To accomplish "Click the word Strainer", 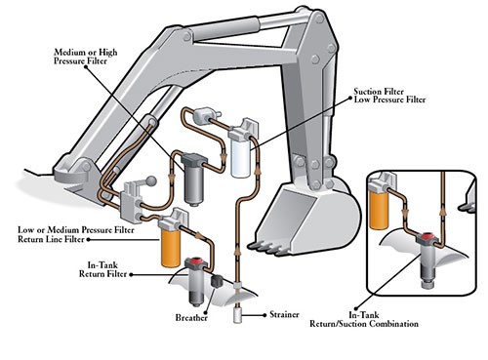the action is (x=284, y=314).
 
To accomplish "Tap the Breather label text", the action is (x=191, y=317).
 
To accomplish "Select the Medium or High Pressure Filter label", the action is (x=86, y=57).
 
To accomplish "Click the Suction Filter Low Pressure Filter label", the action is (x=389, y=96).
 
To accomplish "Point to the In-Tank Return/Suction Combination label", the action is (x=364, y=319).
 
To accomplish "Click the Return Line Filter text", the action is (x=51, y=239).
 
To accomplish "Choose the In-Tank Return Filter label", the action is (x=102, y=269).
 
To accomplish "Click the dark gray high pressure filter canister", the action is (x=194, y=180).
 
